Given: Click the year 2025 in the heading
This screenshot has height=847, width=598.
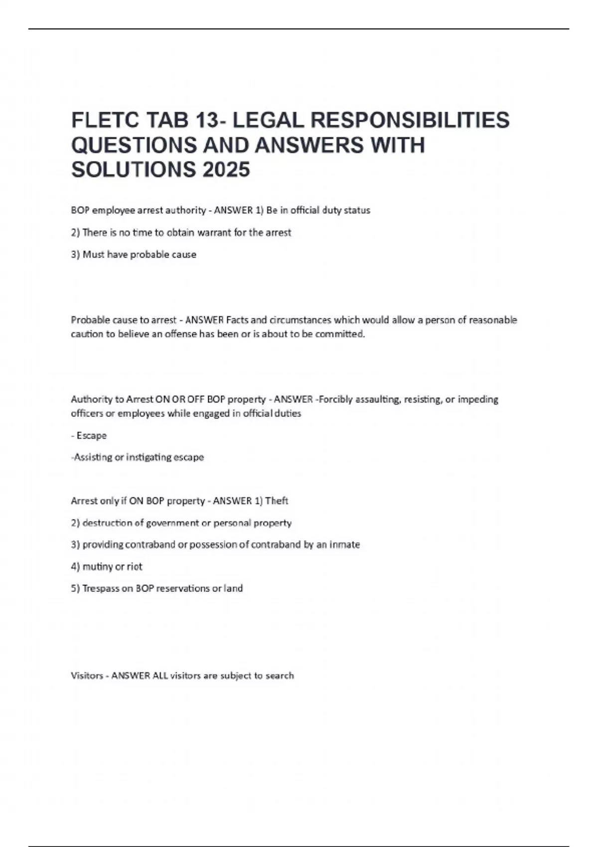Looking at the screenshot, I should [226, 170].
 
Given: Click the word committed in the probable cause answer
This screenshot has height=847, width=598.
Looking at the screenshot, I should [340, 334].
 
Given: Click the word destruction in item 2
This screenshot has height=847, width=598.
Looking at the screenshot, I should [107, 523].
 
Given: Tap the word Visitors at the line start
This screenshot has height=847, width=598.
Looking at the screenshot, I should [87, 676].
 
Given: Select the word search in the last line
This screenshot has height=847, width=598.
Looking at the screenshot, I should [280, 676].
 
